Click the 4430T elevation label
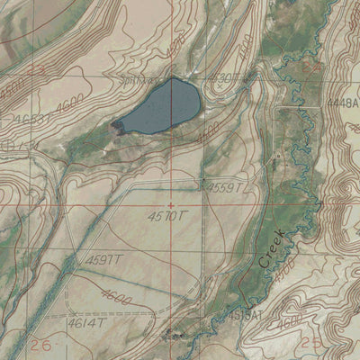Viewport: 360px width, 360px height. click(x=223, y=78)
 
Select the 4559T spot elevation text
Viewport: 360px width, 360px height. click(x=226, y=187)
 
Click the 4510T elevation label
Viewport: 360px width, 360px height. click(x=166, y=216)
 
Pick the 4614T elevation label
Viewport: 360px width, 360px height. click(x=87, y=320)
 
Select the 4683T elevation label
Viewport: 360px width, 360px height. click(x=32, y=118)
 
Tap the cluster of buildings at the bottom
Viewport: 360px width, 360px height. click(x=174, y=335)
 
